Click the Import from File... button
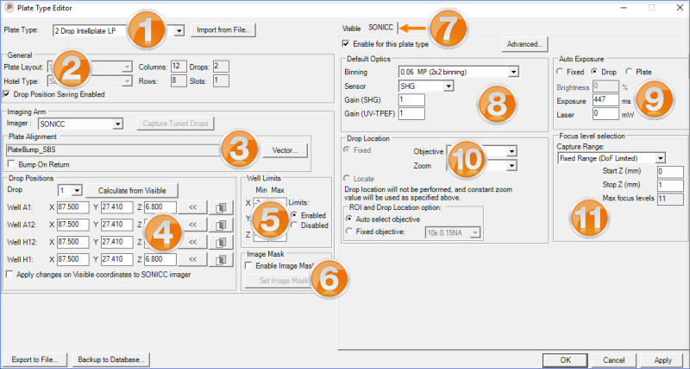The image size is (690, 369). (x=222, y=30)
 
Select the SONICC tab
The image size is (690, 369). (x=380, y=28)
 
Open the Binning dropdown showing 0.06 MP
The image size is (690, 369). (x=458, y=72)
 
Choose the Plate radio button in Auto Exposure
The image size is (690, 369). (x=628, y=73)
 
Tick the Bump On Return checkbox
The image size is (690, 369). (x=10, y=163)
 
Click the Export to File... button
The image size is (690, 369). (x=34, y=359)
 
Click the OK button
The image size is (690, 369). (x=565, y=359)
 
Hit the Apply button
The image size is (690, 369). (x=662, y=359)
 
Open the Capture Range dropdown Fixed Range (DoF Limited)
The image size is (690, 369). (x=611, y=158)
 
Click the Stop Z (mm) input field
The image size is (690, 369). (x=669, y=185)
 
